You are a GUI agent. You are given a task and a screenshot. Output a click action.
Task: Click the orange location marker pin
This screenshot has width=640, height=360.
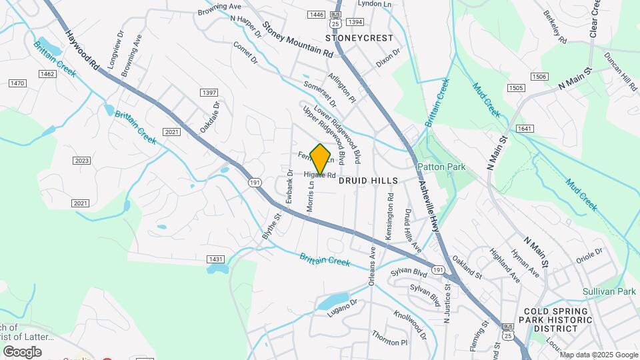click(x=321, y=159)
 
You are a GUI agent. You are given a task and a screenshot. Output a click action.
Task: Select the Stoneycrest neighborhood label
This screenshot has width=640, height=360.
click(x=359, y=38)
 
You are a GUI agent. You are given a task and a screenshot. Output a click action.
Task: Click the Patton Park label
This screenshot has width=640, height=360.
click(x=441, y=167)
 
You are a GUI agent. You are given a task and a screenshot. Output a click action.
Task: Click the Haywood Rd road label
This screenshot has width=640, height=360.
click(x=81, y=49)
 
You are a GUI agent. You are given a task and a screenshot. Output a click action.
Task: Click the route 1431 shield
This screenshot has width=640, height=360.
click(x=215, y=259)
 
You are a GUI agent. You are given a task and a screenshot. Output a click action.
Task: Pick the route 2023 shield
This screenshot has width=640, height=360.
click(x=81, y=160)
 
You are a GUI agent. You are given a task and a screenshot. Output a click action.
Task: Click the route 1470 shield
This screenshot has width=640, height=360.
click(x=17, y=83)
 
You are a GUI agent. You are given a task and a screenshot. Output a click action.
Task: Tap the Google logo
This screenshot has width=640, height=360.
click(x=22, y=351)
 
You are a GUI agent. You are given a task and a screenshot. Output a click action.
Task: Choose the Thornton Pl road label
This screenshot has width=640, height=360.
click(x=389, y=339)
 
